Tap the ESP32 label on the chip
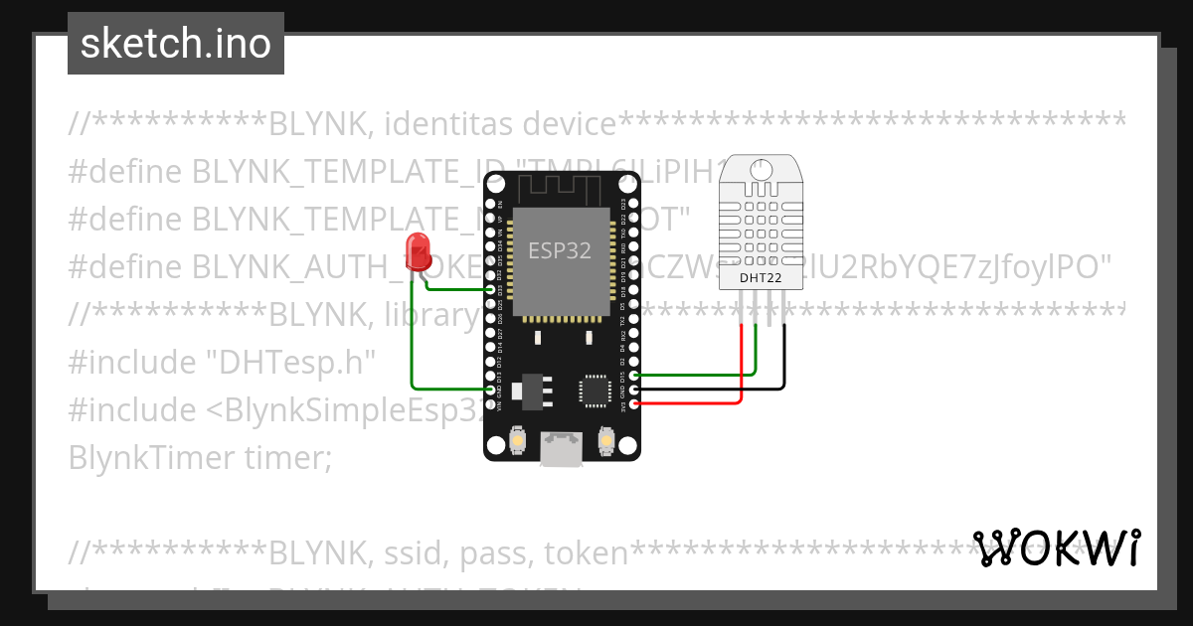point(559,251)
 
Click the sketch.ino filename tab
point(176,44)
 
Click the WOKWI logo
point(1057,548)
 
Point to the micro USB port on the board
point(561,448)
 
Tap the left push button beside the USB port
point(517,439)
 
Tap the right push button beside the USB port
point(605,439)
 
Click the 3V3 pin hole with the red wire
point(634,403)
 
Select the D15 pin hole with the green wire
point(634,376)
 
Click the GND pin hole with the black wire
point(634,390)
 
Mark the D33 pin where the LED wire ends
point(490,289)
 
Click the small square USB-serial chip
point(596,390)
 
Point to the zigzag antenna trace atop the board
point(560,186)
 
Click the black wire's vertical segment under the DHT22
point(783,353)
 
